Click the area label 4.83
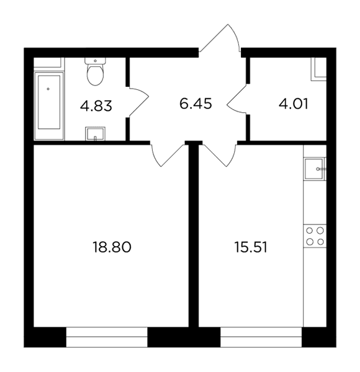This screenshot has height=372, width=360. tap(96, 106)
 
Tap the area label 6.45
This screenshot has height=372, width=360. tap(196, 104)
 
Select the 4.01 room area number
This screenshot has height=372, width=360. tap(294, 104)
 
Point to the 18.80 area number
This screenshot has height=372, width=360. tap(112, 247)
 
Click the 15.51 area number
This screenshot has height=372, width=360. tap(251, 247)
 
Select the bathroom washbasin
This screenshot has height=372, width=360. tap(95, 134)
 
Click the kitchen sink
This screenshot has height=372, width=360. tap(314, 169)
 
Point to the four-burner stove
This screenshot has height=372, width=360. tap(315, 236)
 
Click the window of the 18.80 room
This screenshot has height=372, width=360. tap(107, 337)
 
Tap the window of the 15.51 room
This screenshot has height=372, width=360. tap(261, 337)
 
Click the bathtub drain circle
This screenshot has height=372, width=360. tap(48, 89)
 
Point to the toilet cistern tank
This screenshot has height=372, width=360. tap(95, 61)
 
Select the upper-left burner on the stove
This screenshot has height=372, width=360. tap(310, 231)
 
